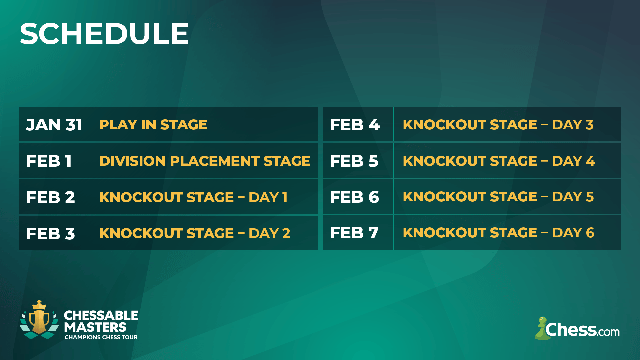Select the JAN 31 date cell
54,125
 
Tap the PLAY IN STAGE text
153,125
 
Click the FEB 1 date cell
49,161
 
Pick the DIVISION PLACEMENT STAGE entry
204,161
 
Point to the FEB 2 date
51,197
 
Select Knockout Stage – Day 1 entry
193,197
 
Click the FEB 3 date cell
51,233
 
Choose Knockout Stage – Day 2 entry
195,233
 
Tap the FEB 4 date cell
355,125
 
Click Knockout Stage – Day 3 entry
498,125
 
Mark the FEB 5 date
354,161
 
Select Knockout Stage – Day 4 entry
499,161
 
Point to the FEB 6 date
354,197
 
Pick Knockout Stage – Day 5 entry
498,197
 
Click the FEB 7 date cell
354,233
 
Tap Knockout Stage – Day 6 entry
498,233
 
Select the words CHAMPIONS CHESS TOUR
101,337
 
